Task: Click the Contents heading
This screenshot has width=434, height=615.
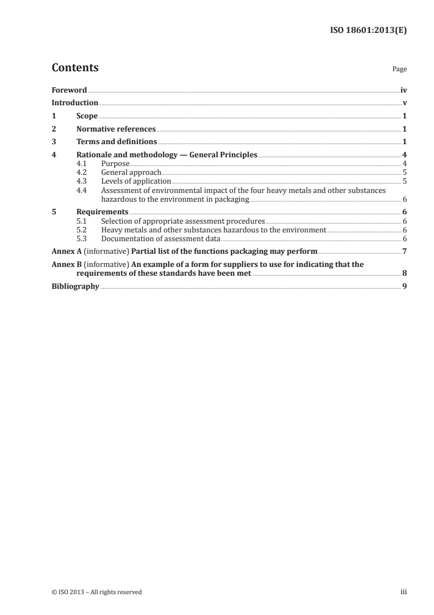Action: pyautogui.click(x=75, y=68)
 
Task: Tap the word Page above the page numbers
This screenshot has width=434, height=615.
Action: pyautogui.click(x=400, y=70)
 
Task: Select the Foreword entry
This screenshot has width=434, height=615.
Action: pyautogui.click(x=69, y=90)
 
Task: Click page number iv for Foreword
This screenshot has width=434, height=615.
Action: pyautogui.click(x=403, y=90)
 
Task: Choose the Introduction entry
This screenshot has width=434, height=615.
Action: pyautogui.click(x=75, y=102)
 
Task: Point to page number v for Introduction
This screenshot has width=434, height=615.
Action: pyautogui.click(x=404, y=102)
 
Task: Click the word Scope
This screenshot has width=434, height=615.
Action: pyautogui.click(x=87, y=116)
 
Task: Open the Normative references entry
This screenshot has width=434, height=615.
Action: pyautogui.click(x=116, y=129)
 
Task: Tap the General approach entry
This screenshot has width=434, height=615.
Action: pyautogui.click(x=131, y=172)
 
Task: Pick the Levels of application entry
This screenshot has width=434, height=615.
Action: pyautogui.click(x=136, y=181)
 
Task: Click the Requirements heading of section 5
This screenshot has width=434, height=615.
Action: pyautogui.click(x=102, y=212)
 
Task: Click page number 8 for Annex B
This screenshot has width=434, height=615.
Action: pyautogui.click(x=404, y=273)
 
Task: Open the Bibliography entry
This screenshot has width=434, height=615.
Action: pyautogui.click(x=76, y=286)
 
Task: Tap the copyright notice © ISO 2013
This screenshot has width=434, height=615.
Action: pyautogui.click(x=73, y=592)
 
